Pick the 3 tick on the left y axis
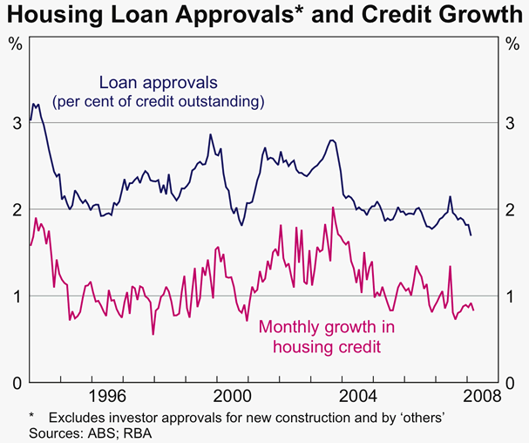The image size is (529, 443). [16, 124]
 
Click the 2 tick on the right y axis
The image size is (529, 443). [512, 209]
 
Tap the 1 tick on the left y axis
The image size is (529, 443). [16, 296]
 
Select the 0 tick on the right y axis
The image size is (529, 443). [512, 382]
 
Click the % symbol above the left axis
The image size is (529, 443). [16, 44]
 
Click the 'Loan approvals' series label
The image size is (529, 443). [158, 83]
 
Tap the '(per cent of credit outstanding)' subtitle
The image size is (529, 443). [158, 102]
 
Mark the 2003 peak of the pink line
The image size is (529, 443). [333, 208]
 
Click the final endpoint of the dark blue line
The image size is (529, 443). [471, 235]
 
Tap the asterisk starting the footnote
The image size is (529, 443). [31, 418]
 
